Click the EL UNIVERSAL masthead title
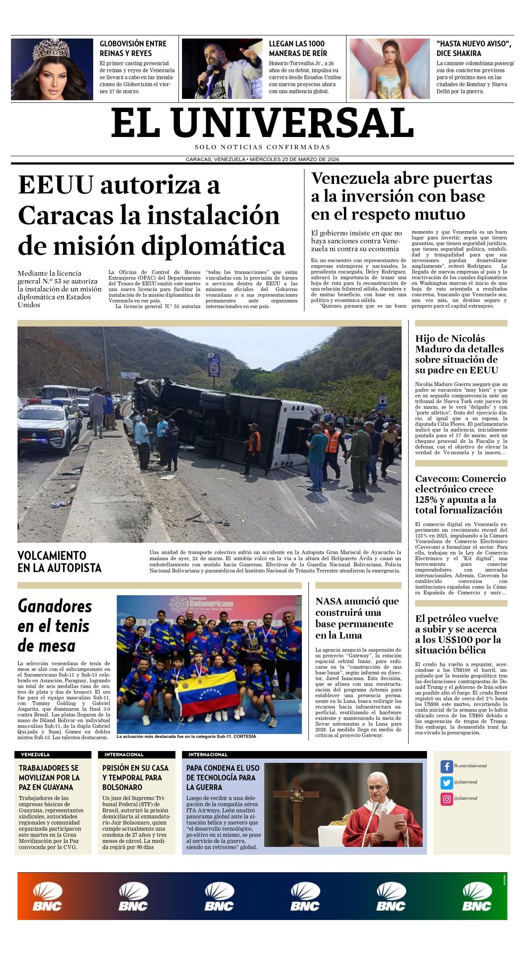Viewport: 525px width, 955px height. [x=262, y=123]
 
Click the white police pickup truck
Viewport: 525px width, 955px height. [x=48, y=426]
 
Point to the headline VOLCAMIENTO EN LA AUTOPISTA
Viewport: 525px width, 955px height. [x=59, y=562]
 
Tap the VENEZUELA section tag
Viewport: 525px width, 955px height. [x=35, y=755]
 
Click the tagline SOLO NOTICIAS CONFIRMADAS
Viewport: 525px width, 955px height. [x=262, y=147]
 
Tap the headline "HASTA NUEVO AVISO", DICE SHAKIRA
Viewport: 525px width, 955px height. [x=473, y=48]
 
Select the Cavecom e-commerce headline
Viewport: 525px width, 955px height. [x=460, y=494]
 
